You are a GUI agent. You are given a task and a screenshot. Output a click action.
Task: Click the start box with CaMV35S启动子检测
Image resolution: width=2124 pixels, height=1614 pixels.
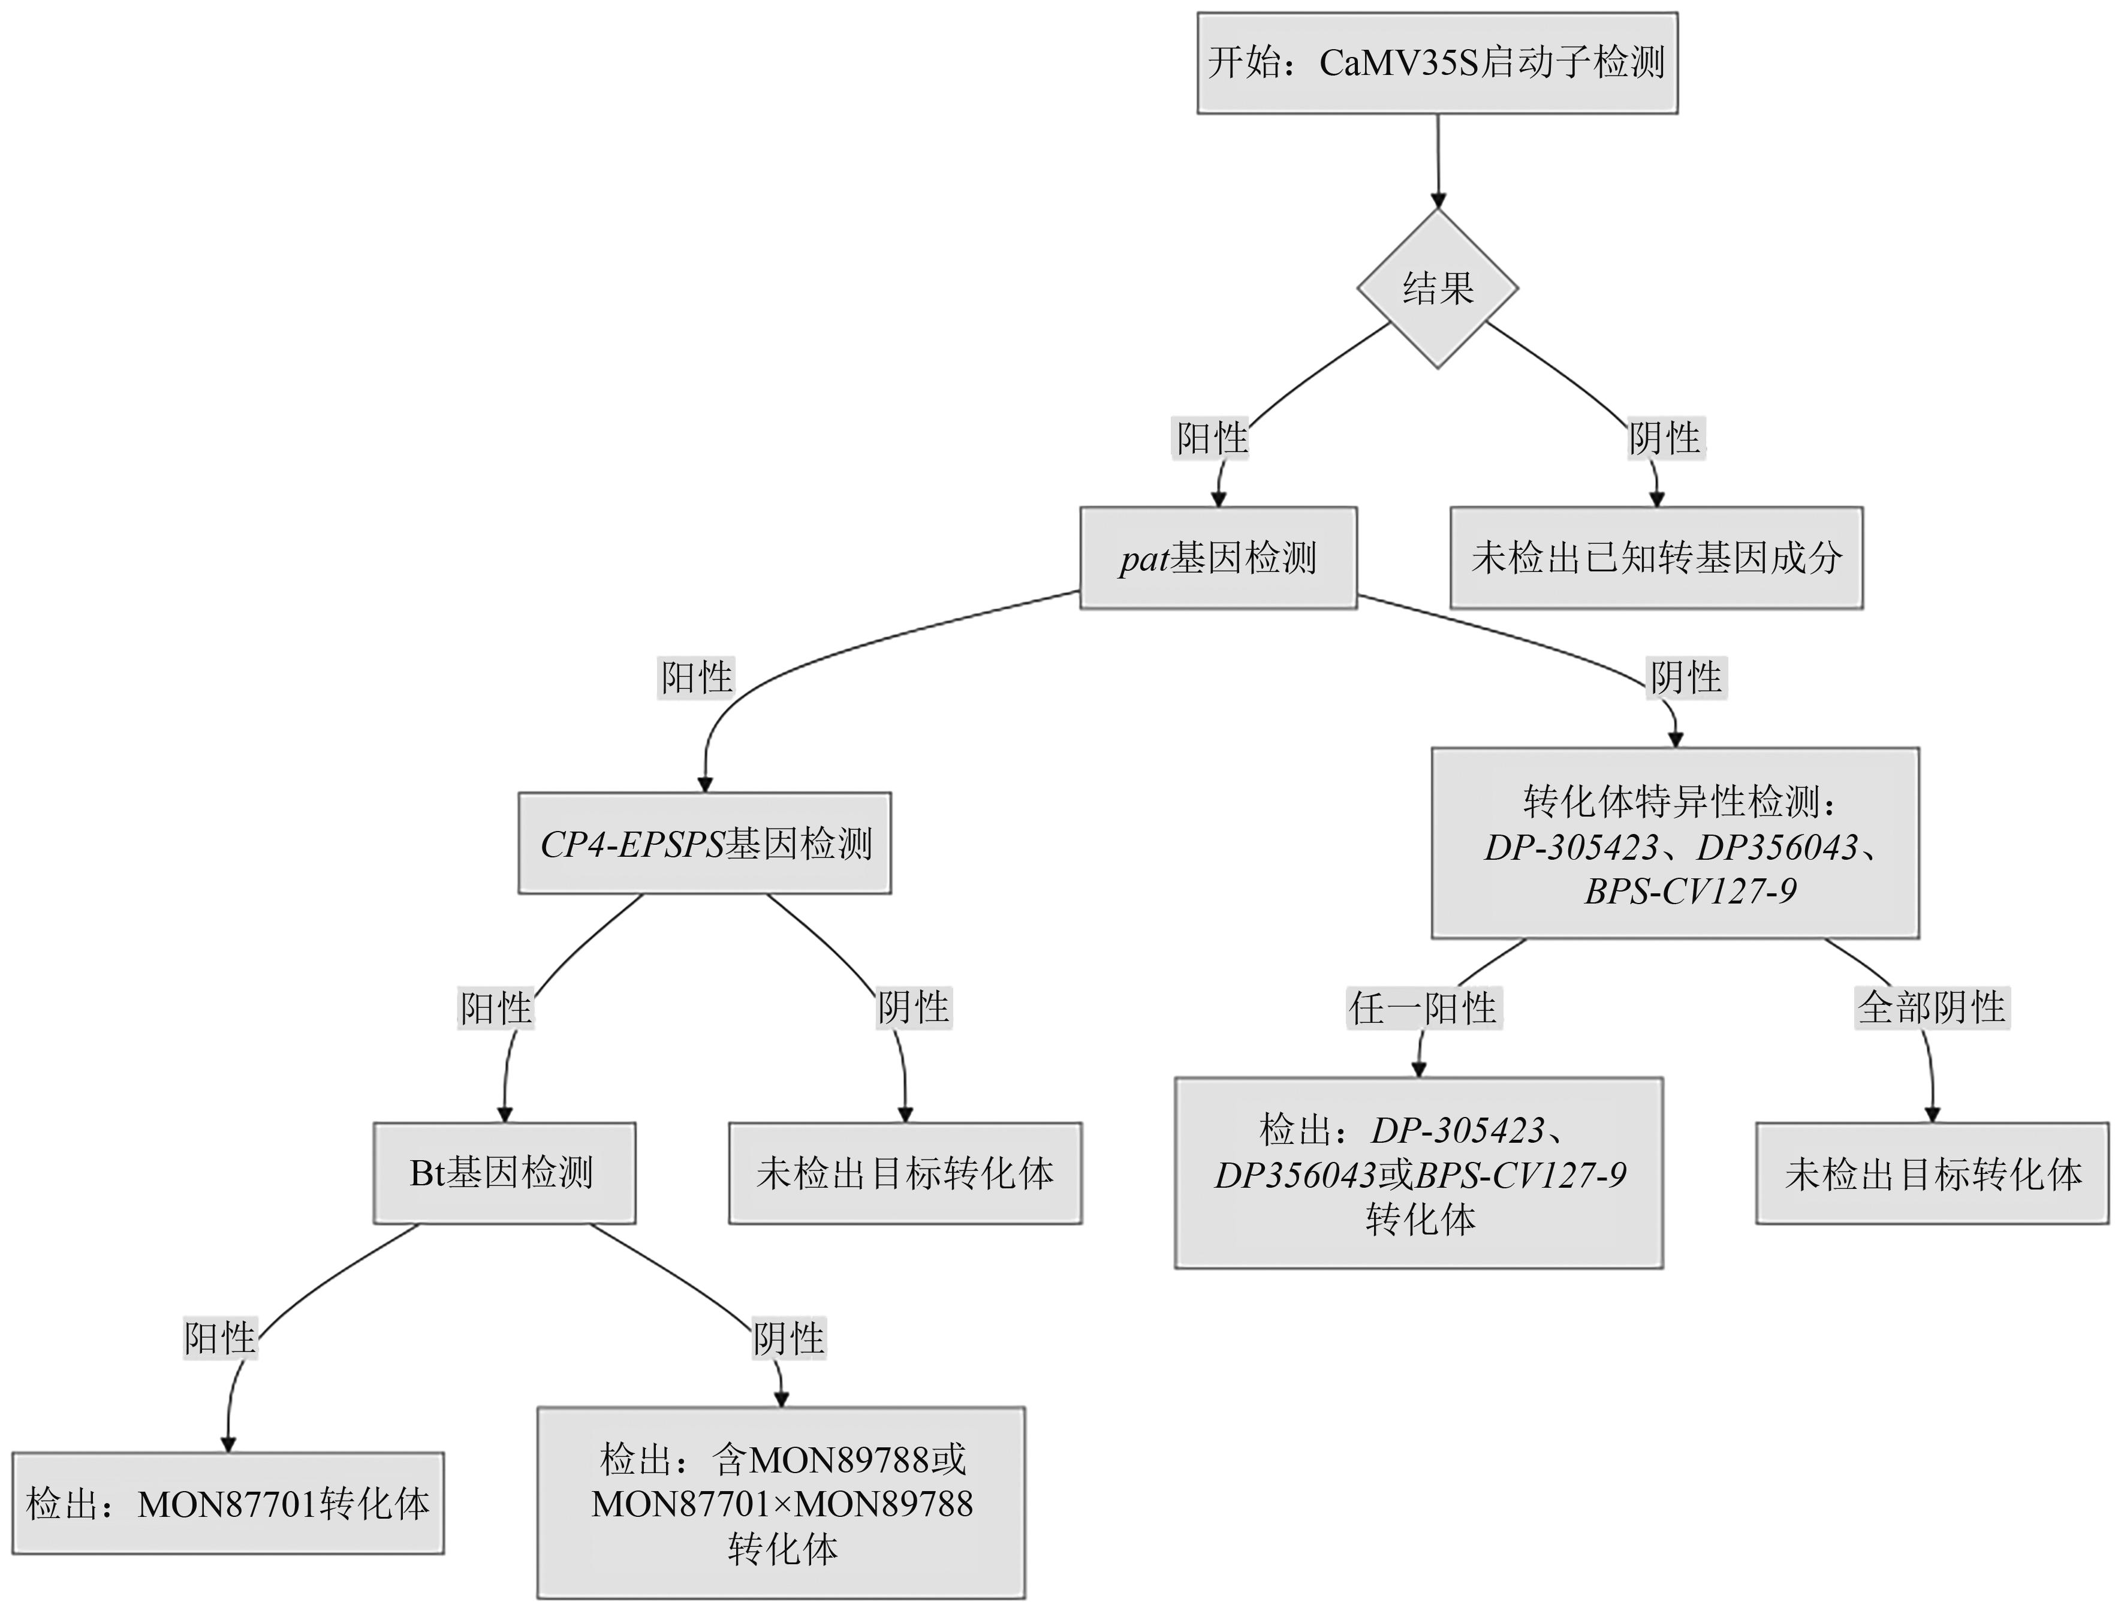pyautogui.click(x=1436, y=64)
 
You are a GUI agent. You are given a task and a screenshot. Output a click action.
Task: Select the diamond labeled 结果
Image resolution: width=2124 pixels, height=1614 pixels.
pyautogui.click(x=1437, y=288)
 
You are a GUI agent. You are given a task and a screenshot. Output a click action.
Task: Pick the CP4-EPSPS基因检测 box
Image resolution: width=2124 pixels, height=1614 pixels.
pyautogui.click(x=705, y=844)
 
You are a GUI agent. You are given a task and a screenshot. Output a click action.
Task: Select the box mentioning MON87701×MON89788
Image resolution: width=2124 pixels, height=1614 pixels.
pyautogui.click(x=781, y=1504)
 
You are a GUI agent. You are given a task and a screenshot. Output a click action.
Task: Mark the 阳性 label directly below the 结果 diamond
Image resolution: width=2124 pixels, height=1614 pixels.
pyautogui.click(x=1212, y=439)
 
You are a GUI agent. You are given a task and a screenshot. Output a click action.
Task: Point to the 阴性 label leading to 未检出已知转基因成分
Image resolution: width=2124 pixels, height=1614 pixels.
pyautogui.click(x=1665, y=438)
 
